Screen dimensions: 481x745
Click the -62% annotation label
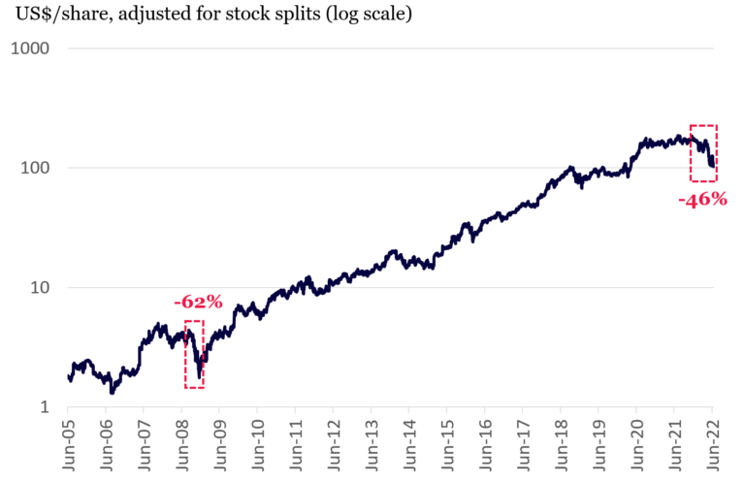(198, 302)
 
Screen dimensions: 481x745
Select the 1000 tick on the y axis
(32, 48)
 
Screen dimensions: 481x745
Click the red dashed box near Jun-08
(194, 354)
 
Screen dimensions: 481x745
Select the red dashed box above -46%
(703, 152)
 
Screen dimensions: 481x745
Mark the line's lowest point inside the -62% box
(199, 376)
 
